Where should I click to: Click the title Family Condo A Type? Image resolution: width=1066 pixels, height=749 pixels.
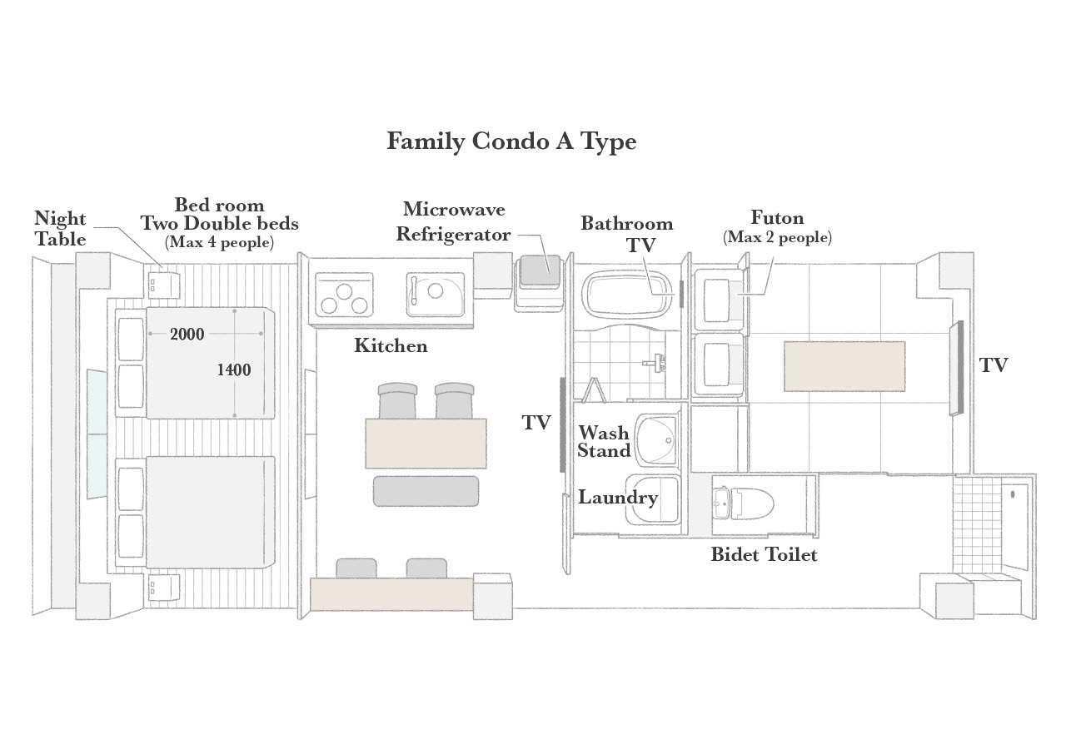pyautogui.click(x=511, y=141)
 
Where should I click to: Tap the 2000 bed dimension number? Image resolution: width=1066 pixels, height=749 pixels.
pyautogui.click(x=187, y=335)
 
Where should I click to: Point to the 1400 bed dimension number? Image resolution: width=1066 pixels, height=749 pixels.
pyautogui.click(x=234, y=370)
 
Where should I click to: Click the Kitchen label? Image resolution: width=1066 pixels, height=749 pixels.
pyautogui.click(x=391, y=345)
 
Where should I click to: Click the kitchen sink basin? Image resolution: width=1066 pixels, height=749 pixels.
pyautogui.click(x=436, y=295)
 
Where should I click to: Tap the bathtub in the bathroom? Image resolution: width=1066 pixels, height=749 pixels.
pyautogui.click(x=626, y=294)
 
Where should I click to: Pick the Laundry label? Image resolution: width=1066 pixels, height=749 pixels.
pyautogui.click(x=618, y=498)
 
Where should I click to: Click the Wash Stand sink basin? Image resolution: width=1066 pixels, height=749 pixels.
pyautogui.click(x=657, y=440)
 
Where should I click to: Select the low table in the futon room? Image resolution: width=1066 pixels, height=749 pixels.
pyautogui.click(x=844, y=366)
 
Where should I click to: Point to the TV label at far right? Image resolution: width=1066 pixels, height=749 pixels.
pyautogui.click(x=994, y=365)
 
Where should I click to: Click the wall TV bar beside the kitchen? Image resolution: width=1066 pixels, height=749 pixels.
pyautogui.click(x=563, y=424)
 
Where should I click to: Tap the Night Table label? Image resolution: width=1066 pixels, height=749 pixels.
pyautogui.click(x=60, y=229)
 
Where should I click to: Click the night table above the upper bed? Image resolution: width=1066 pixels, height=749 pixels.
pyautogui.click(x=164, y=285)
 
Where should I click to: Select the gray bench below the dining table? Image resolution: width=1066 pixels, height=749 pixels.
pyautogui.click(x=426, y=491)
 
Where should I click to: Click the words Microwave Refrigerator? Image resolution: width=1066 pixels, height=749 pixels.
pyautogui.click(x=454, y=221)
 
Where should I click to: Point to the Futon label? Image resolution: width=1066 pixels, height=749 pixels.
pyautogui.click(x=777, y=218)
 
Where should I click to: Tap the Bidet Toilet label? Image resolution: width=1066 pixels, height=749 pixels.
pyautogui.click(x=764, y=554)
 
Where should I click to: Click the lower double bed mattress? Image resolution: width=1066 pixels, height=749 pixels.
pyautogui.click(x=211, y=512)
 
